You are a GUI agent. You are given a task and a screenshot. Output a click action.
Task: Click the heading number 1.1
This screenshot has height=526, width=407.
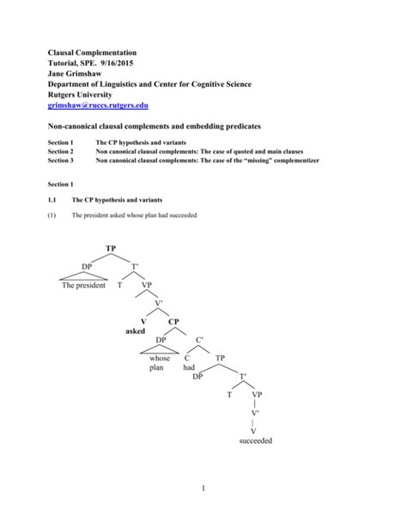click(x=52, y=199)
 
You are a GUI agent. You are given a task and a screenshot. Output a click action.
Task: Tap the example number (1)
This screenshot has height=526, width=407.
click(x=52, y=215)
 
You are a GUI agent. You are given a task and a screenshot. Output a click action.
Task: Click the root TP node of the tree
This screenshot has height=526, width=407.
click(x=111, y=249)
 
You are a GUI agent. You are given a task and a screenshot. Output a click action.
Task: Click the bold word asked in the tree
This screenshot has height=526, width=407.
click(x=136, y=331)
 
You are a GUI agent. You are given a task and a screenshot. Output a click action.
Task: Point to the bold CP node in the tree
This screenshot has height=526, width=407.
click(x=174, y=322)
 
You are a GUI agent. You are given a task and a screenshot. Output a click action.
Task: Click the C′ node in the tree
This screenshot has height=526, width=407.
click(x=200, y=340)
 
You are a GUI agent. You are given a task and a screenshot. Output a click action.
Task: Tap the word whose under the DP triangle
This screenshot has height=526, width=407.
click(x=160, y=358)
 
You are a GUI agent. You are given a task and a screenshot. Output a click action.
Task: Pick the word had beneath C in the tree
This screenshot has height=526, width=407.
click(x=190, y=367)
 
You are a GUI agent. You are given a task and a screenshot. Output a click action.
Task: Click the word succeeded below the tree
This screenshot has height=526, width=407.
click(x=255, y=442)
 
